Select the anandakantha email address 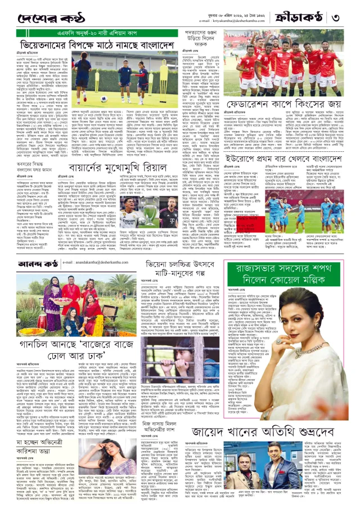[x=96, y=262]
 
